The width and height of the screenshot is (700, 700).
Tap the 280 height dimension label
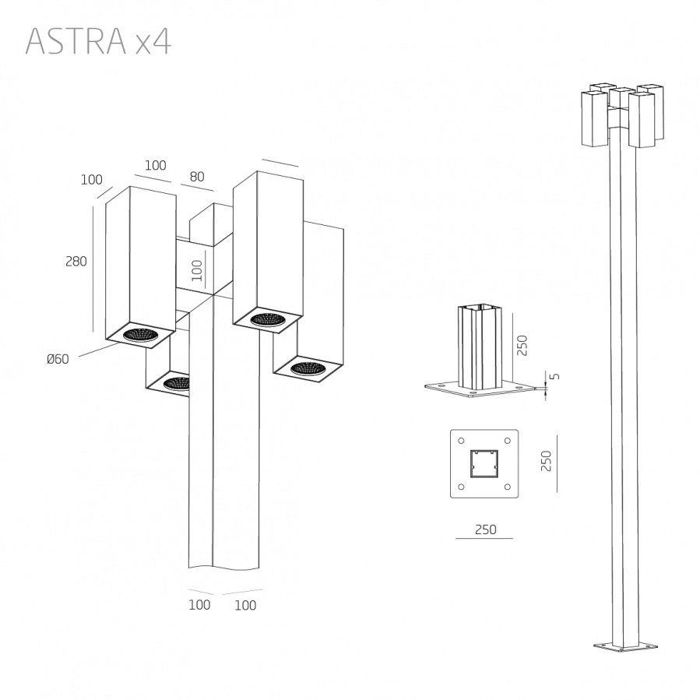pyautogui.click(x=76, y=262)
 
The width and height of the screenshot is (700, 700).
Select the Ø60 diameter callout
pyautogui.click(x=58, y=359)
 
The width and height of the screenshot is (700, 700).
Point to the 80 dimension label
pyautogui.click(x=196, y=177)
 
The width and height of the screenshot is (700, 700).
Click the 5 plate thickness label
pyautogui.click(x=554, y=377)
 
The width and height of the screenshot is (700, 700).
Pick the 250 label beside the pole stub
pyautogui.click(x=522, y=345)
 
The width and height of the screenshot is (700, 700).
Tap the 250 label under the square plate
pyautogui.click(x=485, y=529)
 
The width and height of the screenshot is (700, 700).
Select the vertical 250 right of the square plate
pyautogui.click(x=547, y=463)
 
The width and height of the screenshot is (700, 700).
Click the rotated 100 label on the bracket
pyautogui.click(x=197, y=269)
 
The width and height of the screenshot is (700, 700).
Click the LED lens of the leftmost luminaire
pyautogui.click(x=139, y=335)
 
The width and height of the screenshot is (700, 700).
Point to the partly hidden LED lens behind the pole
pyautogui.click(x=177, y=383)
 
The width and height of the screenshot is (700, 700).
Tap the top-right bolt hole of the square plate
pyautogui.click(x=508, y=438)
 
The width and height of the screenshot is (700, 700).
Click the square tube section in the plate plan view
pyautogui.click(x=484, y=463)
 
